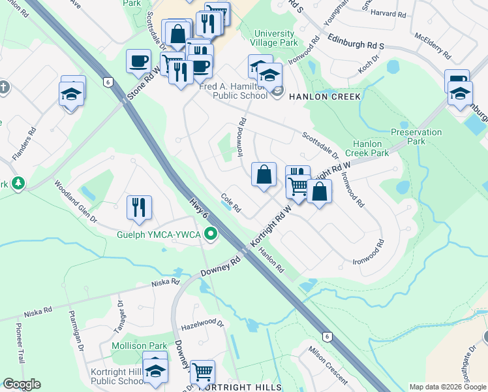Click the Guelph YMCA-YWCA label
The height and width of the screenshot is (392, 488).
(159, 234)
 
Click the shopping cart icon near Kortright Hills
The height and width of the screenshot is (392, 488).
(203, 372)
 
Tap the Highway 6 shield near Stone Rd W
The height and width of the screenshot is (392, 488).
(108, 82)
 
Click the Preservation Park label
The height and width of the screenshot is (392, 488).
(416, 137)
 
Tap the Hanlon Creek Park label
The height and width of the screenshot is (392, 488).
(371, 148)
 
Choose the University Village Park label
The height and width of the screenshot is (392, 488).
(275, 38)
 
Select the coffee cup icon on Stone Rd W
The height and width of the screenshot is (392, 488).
(138, 61)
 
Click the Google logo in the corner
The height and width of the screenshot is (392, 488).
(21, 384)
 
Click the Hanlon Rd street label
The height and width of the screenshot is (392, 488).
(271, 263)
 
